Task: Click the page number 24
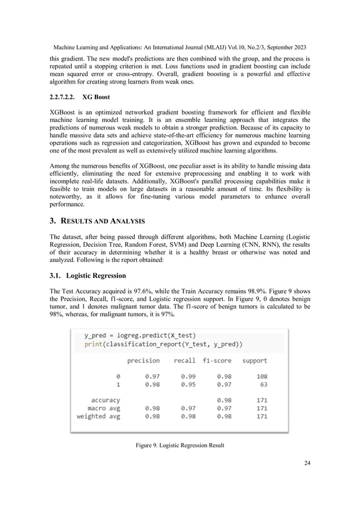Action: click(307, 463)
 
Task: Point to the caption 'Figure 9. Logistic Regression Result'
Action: click(179, 446)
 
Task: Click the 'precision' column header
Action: click(143, 360)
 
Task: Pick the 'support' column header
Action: click(254, 360)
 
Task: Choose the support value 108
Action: click(260, 376)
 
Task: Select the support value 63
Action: click(262, 384)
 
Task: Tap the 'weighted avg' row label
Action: click(98, 416)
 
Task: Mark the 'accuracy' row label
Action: click(106, 400)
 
